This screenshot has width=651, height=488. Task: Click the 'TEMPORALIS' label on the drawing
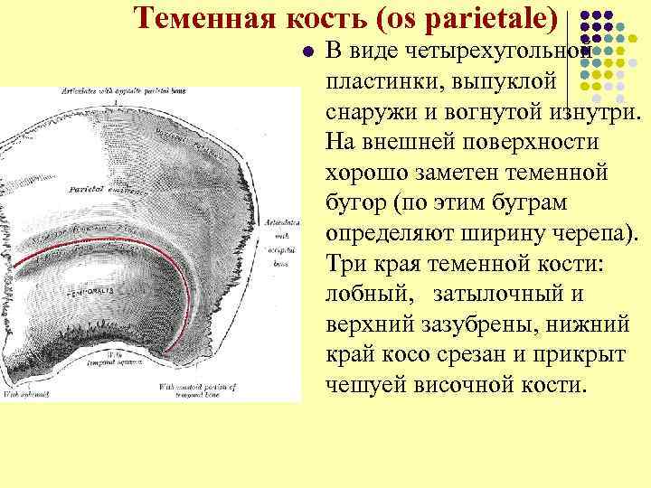tap(88, 294)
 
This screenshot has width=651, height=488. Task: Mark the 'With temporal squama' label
tap(118, 360)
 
